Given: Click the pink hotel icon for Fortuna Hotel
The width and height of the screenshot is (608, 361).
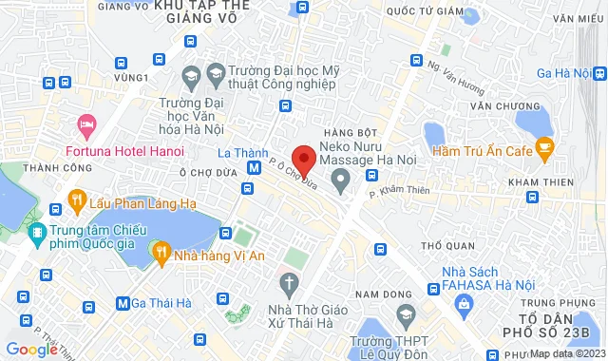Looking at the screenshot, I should [x=85, y=123].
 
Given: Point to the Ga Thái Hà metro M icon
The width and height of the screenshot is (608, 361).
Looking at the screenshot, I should [x=123, y=303].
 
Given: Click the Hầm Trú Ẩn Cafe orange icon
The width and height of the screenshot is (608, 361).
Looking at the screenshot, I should [x=544, y=145].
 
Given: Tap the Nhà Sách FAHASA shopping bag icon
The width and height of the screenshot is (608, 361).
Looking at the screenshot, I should [x=465, y=304].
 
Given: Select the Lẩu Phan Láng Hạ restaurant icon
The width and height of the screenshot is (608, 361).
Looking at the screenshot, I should [x=76, y=200].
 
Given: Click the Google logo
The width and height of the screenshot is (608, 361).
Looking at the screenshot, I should [x=31, y=350].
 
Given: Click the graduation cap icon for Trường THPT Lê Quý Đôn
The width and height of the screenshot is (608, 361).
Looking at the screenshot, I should [x=406, y=314].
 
